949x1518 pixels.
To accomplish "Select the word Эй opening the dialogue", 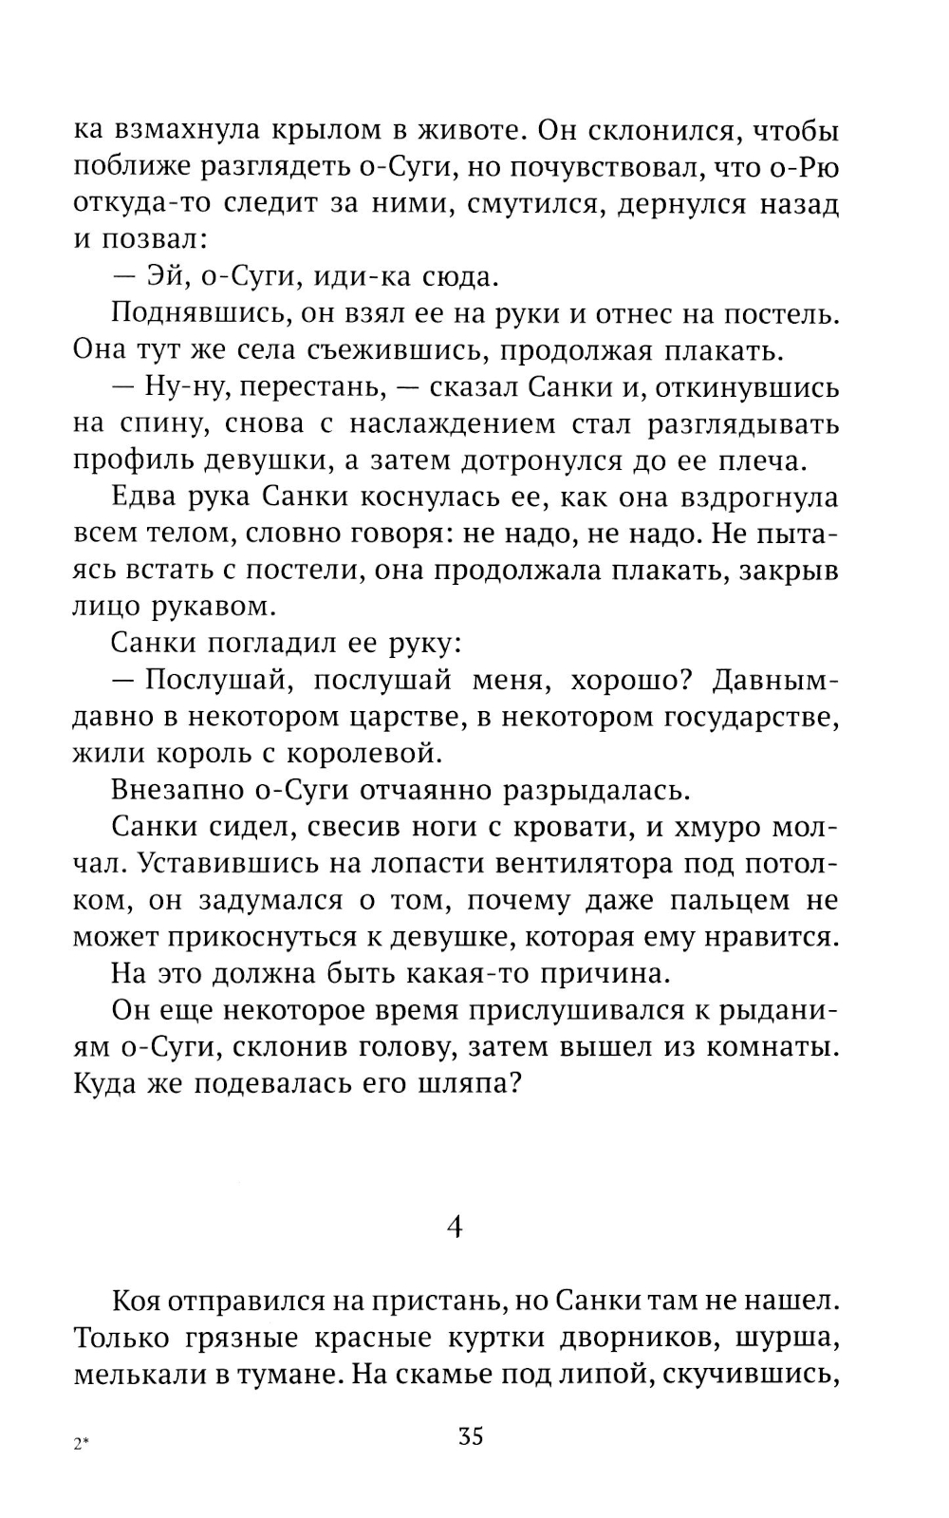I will point(163,277).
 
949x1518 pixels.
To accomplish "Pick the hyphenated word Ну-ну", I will point(181,387).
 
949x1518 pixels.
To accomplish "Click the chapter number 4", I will point(455,1228).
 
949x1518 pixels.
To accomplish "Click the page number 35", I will point(471,1435).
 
